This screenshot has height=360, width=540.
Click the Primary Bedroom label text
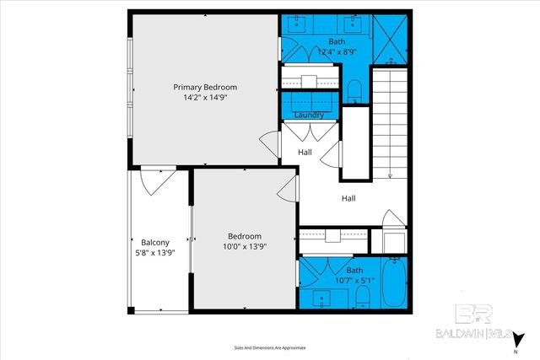(205, 87)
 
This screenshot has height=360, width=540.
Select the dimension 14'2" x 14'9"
(205, 98)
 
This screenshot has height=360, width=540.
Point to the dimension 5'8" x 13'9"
(156, 250)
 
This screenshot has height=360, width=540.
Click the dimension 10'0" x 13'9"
(245, 247)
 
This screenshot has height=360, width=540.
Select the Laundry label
(309, 115)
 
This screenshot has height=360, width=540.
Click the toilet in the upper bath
(355, 89)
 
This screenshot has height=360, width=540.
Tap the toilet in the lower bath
(362, 295)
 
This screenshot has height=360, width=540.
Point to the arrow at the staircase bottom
(390, 175)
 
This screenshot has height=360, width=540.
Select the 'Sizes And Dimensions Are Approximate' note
(270, 347)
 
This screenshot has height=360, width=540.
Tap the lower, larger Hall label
(348, 199)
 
